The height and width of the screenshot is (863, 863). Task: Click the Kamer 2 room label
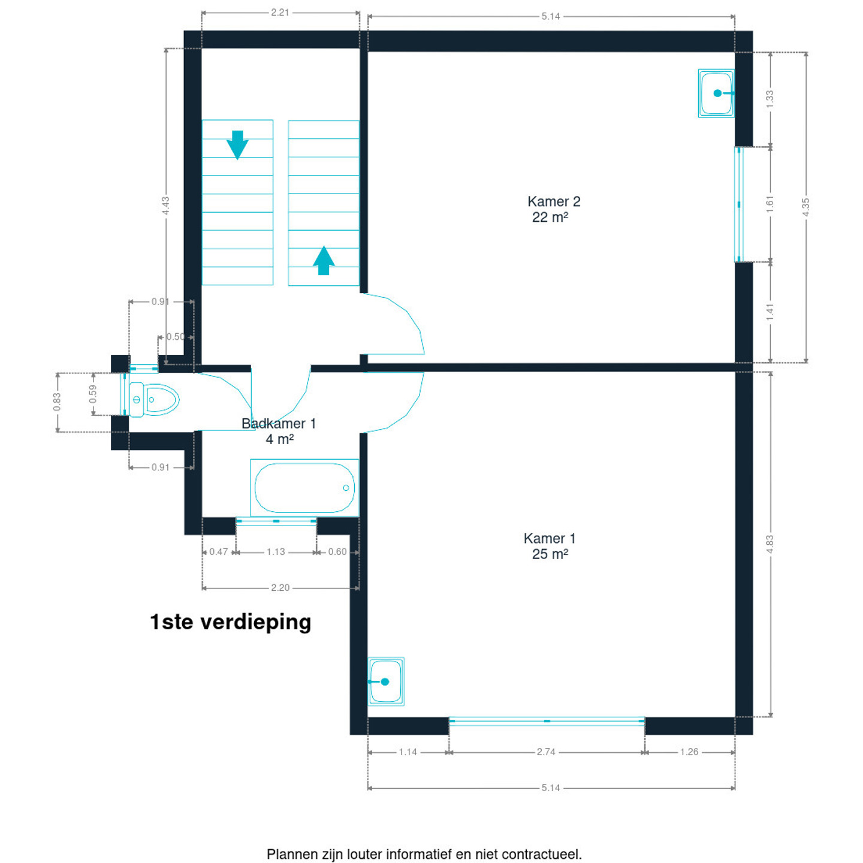pyautogui.click(x=553, y=209)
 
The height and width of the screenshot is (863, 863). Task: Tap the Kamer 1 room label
pyautogui.click(x=550, y=546)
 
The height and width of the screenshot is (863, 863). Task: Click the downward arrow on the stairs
pyautogui.click(x=237, y=145)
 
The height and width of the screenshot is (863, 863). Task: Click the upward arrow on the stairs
pyautogui.click(x=324, y=261)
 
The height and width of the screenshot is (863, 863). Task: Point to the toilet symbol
pyautogui.click(x=155, y=400)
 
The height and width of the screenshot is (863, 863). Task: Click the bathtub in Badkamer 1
pyautogui.click(x=304, y=488)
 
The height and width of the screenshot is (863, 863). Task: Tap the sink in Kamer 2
pyautogui.click(x=716, y=93)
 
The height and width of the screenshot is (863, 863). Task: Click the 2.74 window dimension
pyautogui.click(x=546, y=752)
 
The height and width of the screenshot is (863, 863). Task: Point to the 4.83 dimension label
pyautogui.click(x=770, y=544)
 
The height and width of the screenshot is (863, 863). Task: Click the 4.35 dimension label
pyautogui.click(x=806, y=207)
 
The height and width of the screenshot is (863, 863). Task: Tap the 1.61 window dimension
pyautogui.click(x=770, y=204)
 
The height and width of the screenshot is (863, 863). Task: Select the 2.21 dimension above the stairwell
pyautogui.click(x=280, y=12)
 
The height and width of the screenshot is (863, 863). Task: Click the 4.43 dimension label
pyautogui.click(x=166, y=206)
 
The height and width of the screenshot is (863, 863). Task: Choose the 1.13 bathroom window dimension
pyautogui.click(x=276, y=552)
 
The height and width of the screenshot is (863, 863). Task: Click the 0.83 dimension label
pyautogui.click(x=57, y=402)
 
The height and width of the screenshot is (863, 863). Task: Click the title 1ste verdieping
pyautogui.click(x=231, y=622)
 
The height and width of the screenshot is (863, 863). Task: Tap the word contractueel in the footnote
pyautogui.click(x=541, y=854)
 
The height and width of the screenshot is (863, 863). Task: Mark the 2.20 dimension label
pyautogui.click(x=280, y=588)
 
